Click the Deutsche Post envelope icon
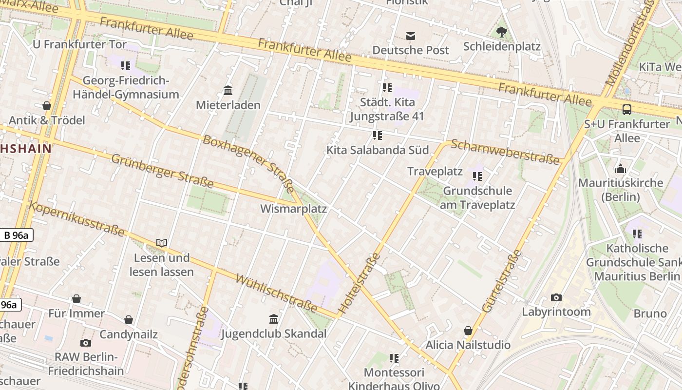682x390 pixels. [411, 36]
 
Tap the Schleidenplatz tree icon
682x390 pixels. [501, 32]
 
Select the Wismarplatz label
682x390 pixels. [293, 209]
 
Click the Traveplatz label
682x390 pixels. [435, 171]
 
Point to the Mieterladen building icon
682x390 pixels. [228, 90]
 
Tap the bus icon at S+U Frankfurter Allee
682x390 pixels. [626, 110]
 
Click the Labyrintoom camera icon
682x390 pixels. [556, 297]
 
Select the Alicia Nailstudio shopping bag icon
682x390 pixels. [468, 331]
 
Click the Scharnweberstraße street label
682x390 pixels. [505, 152]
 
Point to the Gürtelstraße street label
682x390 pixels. [502, 281]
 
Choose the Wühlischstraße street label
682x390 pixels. [277, 293]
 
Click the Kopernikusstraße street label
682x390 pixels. [76, 218]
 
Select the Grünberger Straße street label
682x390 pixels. [162, 171]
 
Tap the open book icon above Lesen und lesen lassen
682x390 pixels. [162, 243]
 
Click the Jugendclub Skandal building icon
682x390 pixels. [274, 319]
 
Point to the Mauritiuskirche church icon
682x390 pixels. [621, 169]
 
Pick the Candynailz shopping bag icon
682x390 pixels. [129, 320]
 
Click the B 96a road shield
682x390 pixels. [16, 235]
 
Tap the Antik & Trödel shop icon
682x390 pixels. [47, 105]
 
